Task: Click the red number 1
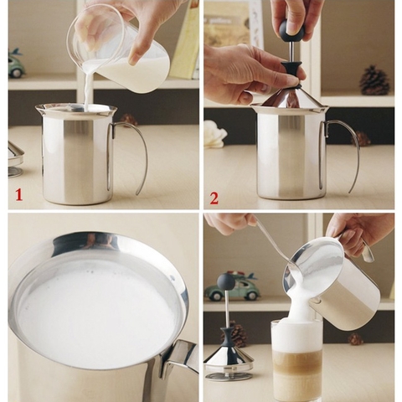pos(18,194)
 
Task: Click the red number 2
pos(214,198)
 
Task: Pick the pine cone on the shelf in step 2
pos(374,80)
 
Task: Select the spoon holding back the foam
pos(276,247)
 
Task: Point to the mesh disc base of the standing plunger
pos(228,359)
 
